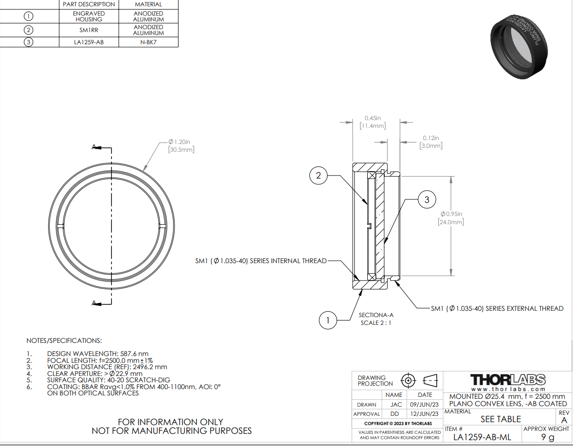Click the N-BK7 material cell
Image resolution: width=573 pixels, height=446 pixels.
pyautogui.click(x=148, y=42)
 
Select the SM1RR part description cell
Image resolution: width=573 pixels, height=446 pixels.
pyautogui.click(x=89, y=30)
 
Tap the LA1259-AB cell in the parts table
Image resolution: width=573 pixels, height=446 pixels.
pyautogui.click(x=89, y=42)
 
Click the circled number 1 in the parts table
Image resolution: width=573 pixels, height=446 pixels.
pyautogui.click(x=29, y=16)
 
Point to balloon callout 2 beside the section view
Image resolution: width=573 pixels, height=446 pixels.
pyautogui.click(x=318, y=175)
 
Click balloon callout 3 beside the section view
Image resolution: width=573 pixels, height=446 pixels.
pyautogui.click(x=427, y=199)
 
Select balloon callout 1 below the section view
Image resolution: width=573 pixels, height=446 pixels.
pyautogui.click(x=328, y=320)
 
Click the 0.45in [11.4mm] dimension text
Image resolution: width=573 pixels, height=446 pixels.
pyautogui.click(x=373, y=122)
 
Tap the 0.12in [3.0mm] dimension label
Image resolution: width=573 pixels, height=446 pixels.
pyautogui.click(x=431, y=142)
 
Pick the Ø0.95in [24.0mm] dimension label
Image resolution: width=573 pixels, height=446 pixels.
pyautogui.click(x=451, y=218)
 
